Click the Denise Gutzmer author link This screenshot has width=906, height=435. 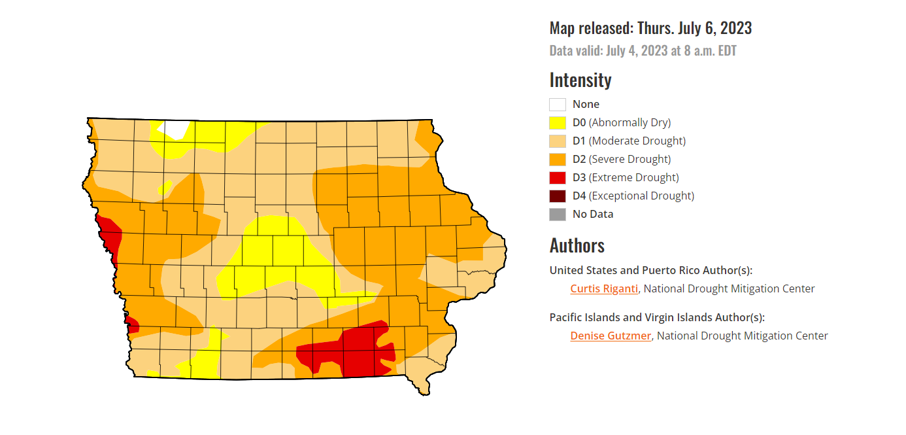[611, 336]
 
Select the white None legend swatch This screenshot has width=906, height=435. [558, 104]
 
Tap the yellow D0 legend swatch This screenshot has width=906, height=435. [558, 122]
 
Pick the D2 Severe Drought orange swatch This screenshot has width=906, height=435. [558, 159]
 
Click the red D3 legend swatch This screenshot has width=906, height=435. [558, 177]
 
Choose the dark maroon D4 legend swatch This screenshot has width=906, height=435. [558, 196]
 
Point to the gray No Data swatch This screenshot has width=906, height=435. [558, 214]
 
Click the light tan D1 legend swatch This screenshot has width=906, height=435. [558, 141]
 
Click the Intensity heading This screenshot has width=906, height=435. [580, 80]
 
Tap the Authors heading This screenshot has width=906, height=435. [577, 245]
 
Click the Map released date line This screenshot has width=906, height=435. [650, 28]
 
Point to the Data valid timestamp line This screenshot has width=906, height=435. [643, 51]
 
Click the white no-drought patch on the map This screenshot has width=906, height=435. [176, 129]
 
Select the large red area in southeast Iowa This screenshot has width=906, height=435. [356, 350]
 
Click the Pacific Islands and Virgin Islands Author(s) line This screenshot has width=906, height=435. [657, 317]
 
